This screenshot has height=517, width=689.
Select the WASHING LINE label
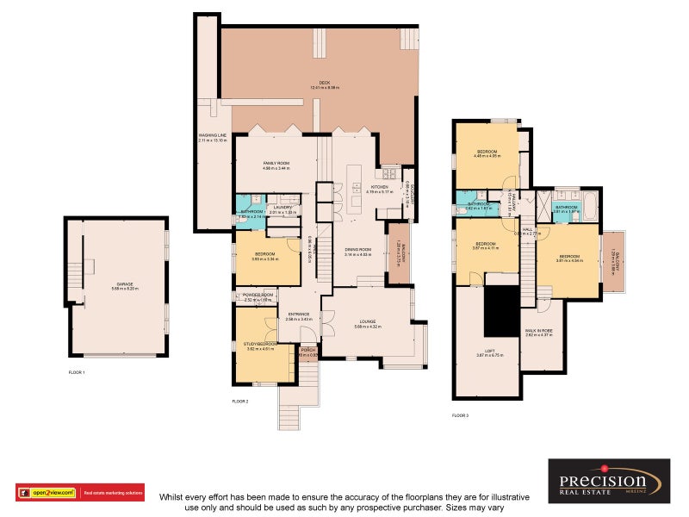click(213, 137)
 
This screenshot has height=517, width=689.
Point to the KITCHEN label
click(379, 189)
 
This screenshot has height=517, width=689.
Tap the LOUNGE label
click(368, 323)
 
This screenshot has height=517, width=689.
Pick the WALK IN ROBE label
click(543, 332)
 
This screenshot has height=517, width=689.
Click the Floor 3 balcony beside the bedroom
click(613, 260)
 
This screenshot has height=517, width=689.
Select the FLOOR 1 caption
click(77, 372)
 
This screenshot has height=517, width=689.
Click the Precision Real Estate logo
click(609, 480)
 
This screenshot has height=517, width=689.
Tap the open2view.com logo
click(48, 493)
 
